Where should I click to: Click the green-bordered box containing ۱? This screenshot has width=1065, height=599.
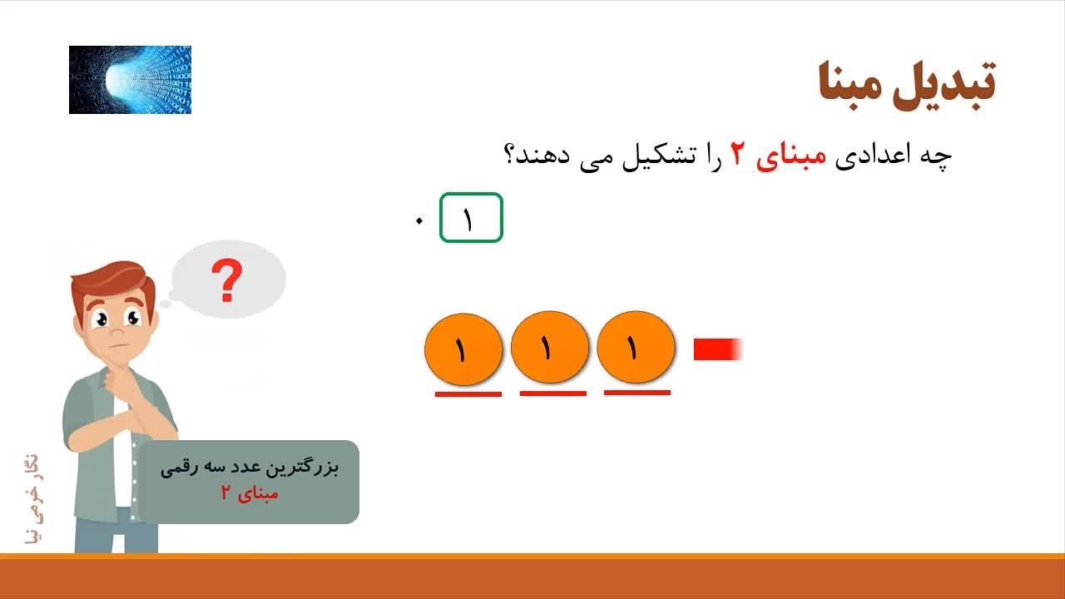point(471,217)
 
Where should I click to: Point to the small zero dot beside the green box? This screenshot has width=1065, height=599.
point(419,221)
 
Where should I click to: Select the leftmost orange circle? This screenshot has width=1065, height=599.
point(463,349)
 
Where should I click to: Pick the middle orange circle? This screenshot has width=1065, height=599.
point(550,348)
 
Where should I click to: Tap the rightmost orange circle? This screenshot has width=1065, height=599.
point(636,348)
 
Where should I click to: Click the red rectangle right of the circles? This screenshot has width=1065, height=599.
point(718,349)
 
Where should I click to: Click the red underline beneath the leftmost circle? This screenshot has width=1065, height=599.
point(468,394)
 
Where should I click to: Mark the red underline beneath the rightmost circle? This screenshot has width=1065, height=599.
point(637,393)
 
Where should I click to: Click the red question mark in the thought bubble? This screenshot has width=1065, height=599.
point(227,280)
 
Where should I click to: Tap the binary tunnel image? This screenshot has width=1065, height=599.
point(131,80)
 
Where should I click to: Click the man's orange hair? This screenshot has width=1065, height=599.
point(114,280)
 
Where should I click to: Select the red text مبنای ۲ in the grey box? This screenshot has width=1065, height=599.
point(250,494)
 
